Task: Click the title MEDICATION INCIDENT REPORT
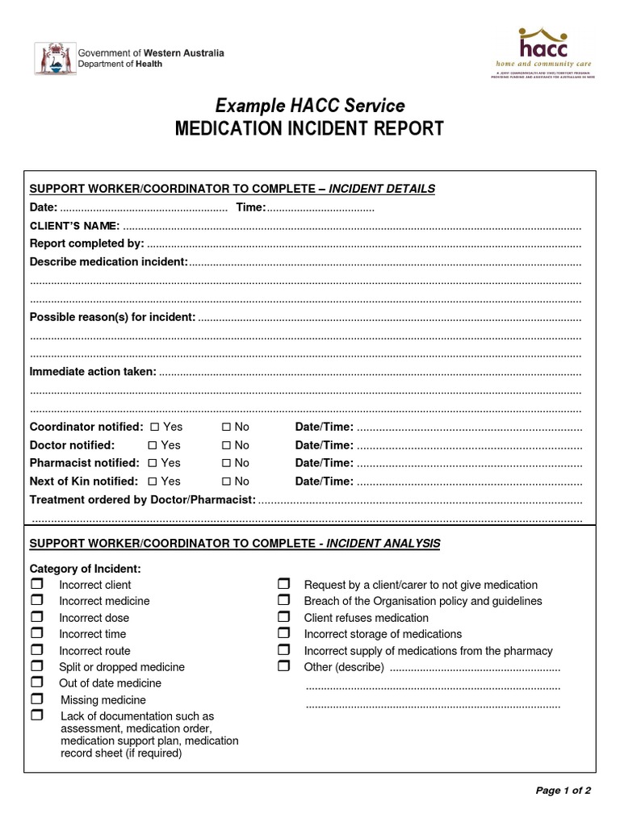(x=310, y=129)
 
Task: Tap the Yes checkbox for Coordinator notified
(x=155, y=427)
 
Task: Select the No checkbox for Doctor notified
(x=227, y=445)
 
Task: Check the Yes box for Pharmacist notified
(x=153, y=463)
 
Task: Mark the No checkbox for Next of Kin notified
(x=227, y=482)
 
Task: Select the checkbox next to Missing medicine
(x=37, y=699)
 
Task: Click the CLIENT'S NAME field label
(x=74, y=225)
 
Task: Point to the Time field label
(x=250, y=207)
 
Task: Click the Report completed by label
(x=86, y=244)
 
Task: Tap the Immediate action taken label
(x=93, y=372)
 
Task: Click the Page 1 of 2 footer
(x=563, y=791)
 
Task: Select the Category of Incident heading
(x=85, y=569)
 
